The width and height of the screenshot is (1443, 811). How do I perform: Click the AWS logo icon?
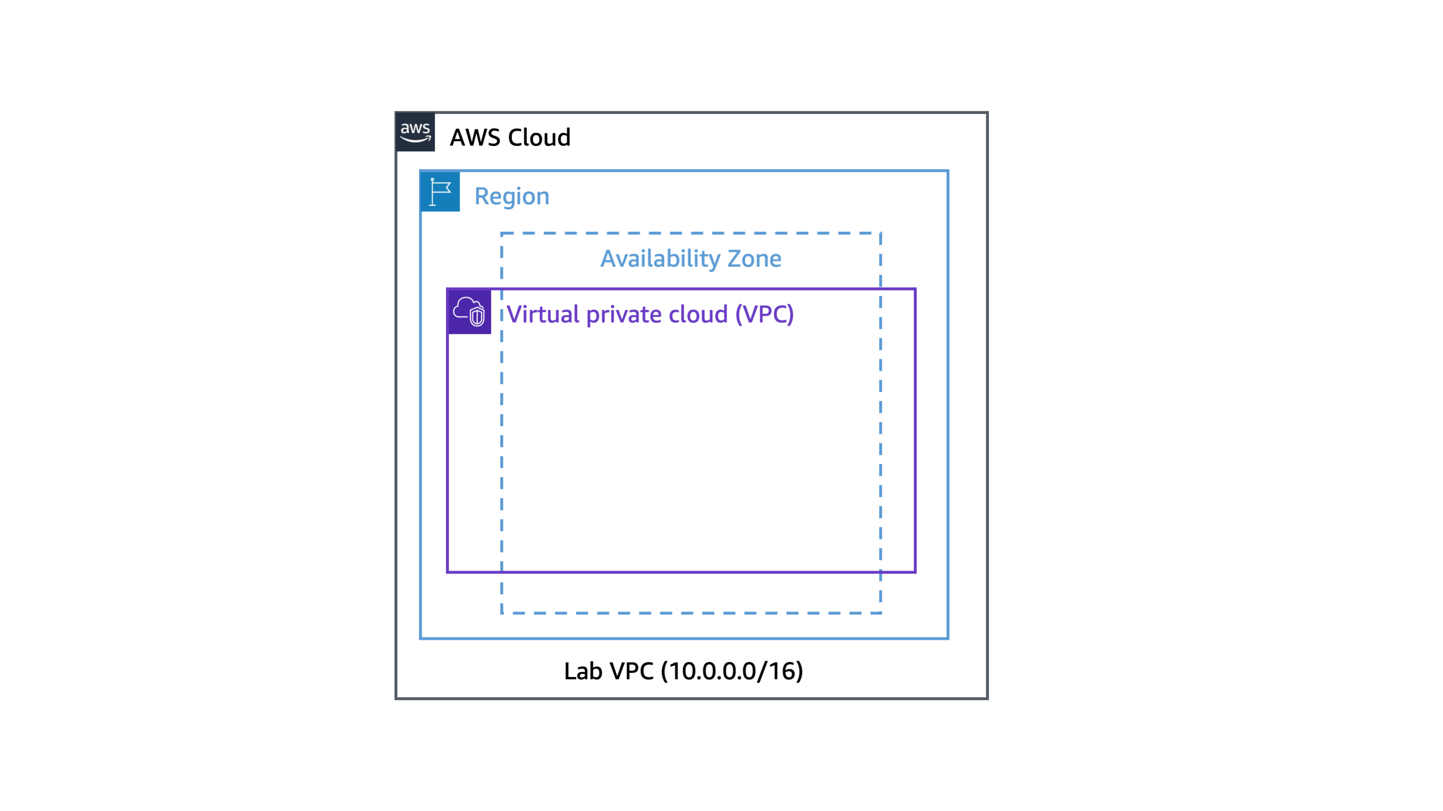[415, 132]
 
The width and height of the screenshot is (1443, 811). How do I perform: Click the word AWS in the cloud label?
[475, 137]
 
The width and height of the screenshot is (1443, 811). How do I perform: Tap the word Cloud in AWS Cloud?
[539, 137]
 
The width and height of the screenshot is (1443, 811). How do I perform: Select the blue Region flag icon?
[440, 191]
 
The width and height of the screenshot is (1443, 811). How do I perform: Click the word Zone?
[754, 259]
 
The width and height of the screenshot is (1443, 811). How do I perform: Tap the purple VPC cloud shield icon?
[470, 312]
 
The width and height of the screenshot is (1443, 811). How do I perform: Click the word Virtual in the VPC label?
[543, 314]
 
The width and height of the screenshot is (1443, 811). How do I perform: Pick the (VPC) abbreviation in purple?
[764, 314]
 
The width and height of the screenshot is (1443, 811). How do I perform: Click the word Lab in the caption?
[583, 671]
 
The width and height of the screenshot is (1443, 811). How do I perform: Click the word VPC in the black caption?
[631, 671]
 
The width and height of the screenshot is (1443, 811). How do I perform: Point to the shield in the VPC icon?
[477, 317]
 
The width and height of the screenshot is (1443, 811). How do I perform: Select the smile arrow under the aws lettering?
[415, 139]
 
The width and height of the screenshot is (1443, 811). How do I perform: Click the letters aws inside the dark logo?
[415, 128]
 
